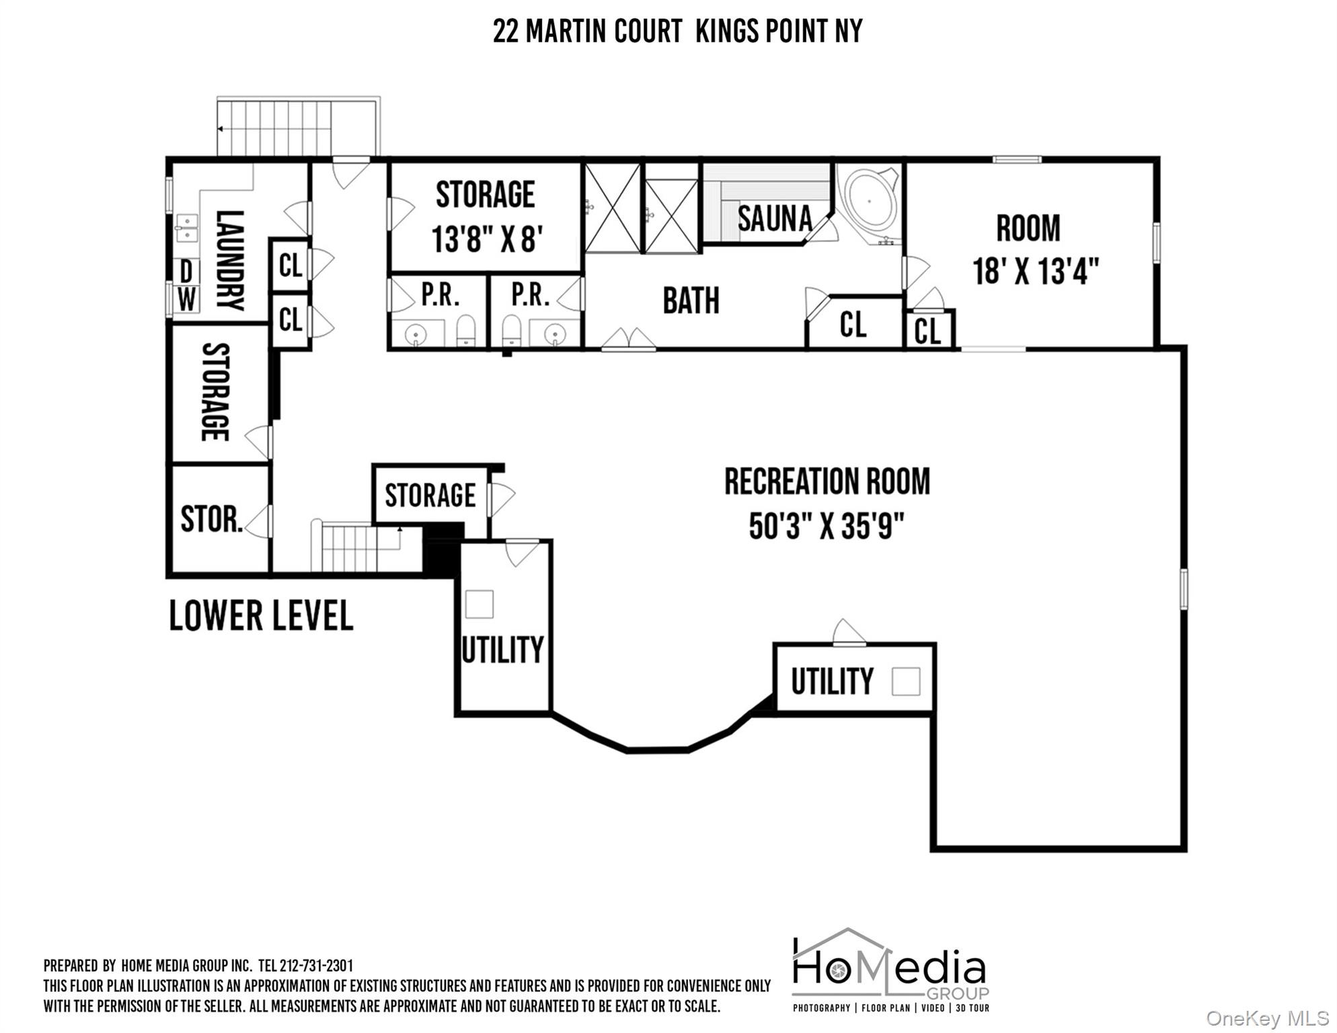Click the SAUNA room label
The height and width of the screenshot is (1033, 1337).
[x=775, y=219]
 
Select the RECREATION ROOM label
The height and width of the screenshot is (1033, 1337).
[x=827, y=482]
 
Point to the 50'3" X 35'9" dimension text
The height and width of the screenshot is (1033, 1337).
[x=827, y=526]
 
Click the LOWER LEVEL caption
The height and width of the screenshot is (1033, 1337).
[x=261, y=616]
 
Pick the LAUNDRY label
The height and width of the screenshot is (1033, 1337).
[x=229, y=260]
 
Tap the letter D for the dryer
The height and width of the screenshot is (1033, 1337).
[x=187, y=272]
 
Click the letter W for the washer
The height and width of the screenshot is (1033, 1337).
[x=187, y=299]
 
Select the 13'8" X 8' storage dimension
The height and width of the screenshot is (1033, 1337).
[x=487, y=239]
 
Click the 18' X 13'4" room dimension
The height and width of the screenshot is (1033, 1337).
[x=1036, y=271]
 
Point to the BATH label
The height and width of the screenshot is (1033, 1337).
[x=691, y=301]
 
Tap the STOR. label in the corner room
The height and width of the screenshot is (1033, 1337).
[x=211, y=519]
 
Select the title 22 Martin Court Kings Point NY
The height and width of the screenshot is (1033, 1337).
[x=677, y=31]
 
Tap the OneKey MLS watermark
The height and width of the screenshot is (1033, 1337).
[x=1267, y=1018]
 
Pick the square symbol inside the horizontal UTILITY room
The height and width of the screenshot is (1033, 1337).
[x=905, y=682]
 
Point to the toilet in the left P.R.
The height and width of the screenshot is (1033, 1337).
[x=465, y=332]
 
